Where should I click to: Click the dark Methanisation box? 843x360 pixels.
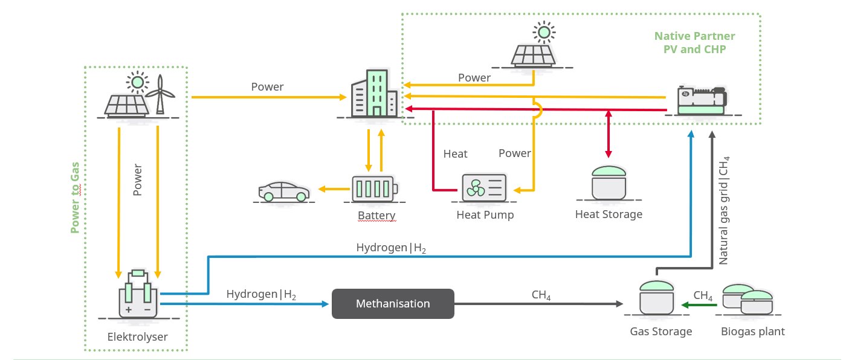click(x=393, y=304)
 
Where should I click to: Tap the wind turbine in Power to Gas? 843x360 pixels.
click(x=160, y=94)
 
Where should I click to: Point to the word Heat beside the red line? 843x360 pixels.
click(x=455, y=154)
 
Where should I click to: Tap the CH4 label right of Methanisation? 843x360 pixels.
click(x=541, y=295)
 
